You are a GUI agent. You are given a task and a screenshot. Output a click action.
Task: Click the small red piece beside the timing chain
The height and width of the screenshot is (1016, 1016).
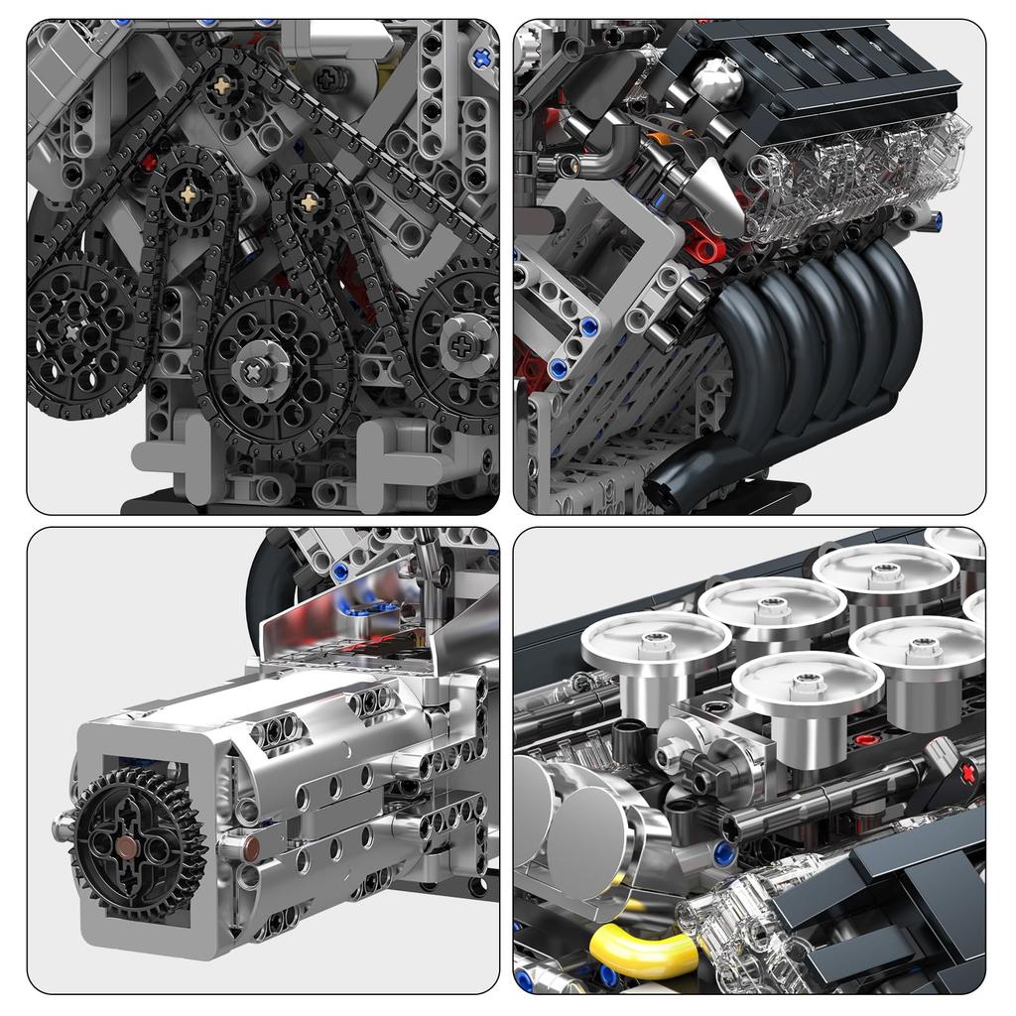150,161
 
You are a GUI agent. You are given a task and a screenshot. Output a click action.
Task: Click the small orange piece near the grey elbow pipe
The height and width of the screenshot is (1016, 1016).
657,142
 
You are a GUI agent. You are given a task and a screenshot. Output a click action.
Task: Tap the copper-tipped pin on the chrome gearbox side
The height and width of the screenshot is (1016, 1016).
249,846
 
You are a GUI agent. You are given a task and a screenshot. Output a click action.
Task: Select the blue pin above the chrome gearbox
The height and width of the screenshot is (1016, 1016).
340,571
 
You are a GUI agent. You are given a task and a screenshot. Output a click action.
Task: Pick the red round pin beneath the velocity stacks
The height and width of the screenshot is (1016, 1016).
866,739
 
